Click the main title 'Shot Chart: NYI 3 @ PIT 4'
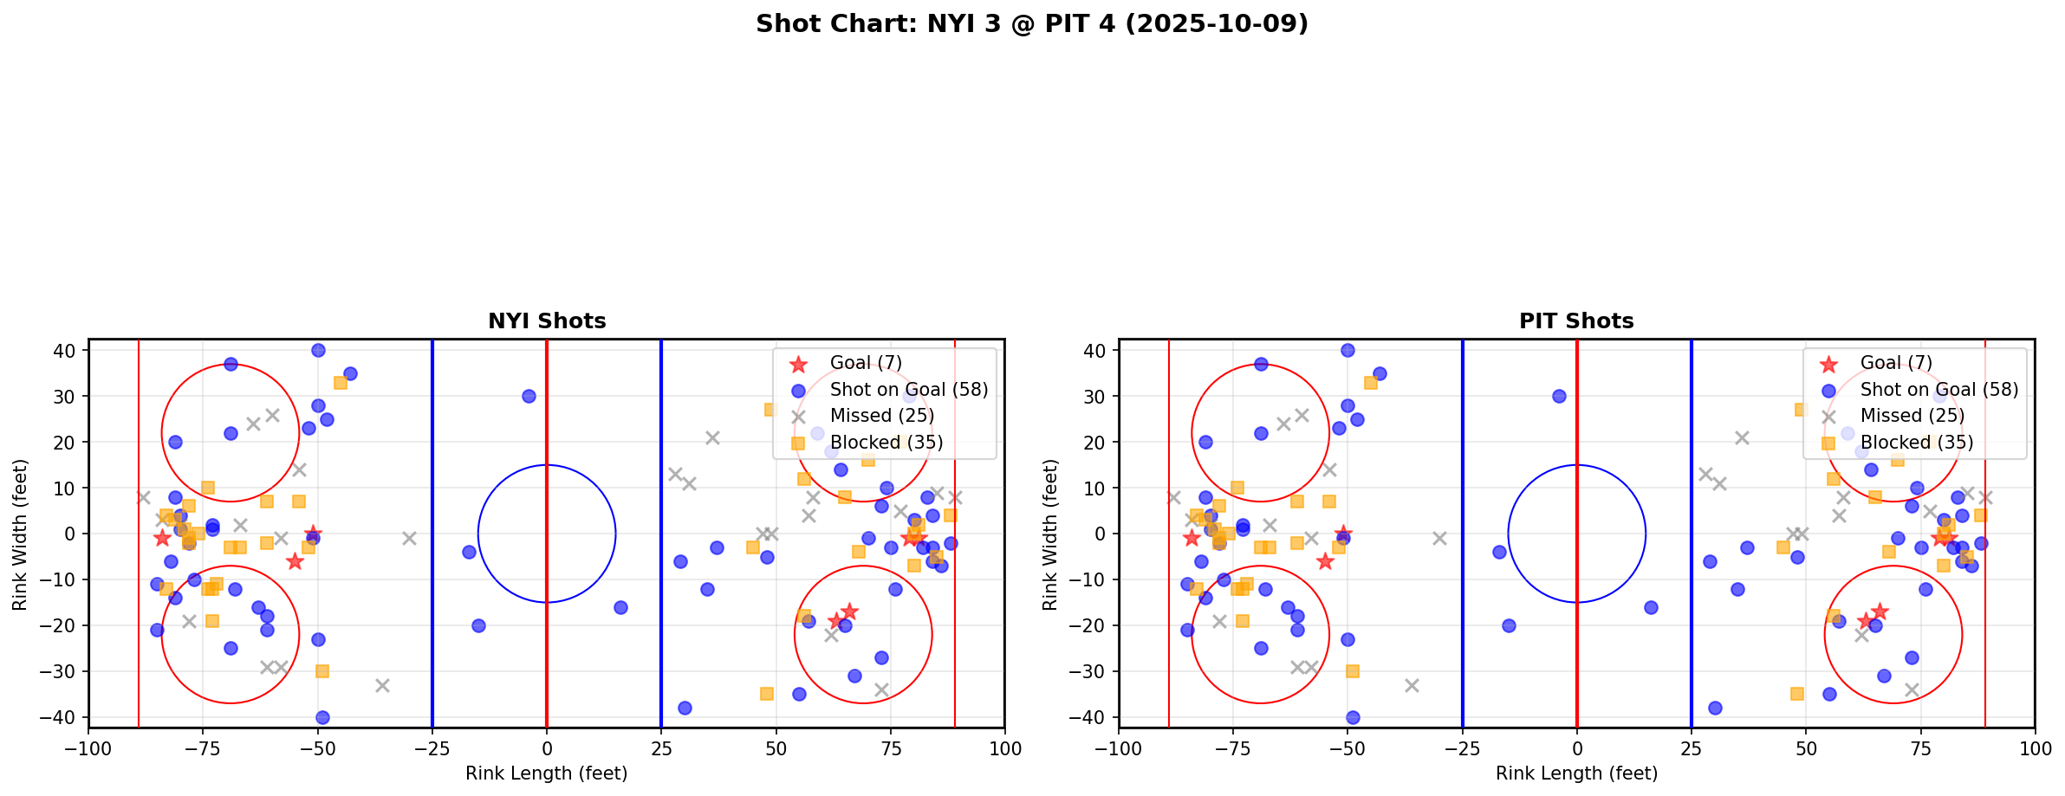pos(1031,23)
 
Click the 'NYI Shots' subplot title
pos(547,321)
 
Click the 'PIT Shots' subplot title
pos(1576,321)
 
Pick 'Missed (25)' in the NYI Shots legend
pos(881,416)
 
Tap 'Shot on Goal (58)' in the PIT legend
pos(1939,390)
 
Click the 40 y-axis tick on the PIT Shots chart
pos(1094,351)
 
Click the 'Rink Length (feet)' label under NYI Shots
pos(547,773)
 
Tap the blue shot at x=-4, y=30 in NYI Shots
pos(529,396)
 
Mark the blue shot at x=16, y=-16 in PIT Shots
pos(1651,607)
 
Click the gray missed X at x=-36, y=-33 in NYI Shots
pos(382,685)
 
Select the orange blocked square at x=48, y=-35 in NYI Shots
pos(767,694)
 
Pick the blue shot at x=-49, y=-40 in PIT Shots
pos(1353,717)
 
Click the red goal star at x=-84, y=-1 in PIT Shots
pos(1192,538)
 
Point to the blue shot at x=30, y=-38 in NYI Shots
pos(685,708)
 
